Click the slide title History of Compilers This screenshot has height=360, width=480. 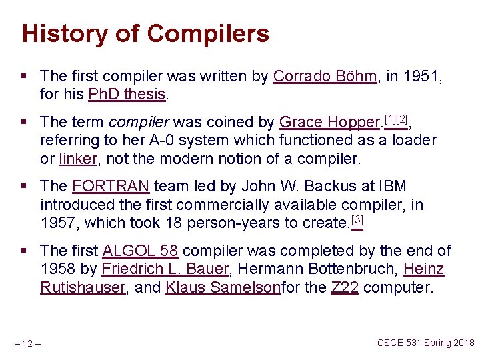point(145,33)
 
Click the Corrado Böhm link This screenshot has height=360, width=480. point(325,77)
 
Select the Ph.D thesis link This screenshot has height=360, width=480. point(126,95)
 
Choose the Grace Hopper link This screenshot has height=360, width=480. point(328,123)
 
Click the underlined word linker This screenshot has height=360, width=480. point(77,159)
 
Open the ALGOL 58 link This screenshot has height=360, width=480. point(140,251)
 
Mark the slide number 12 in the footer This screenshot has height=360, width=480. point(27,343)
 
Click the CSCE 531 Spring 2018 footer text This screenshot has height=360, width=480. point(425,343)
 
